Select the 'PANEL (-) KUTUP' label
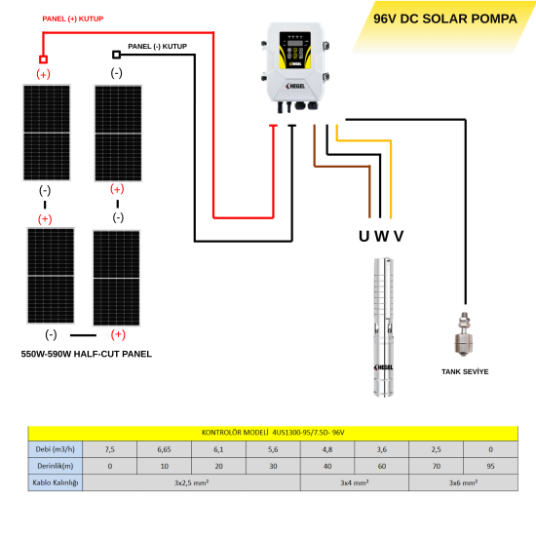(x=157, y=46)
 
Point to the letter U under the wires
(x=364, y=236)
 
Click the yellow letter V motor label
(x=399, y=236)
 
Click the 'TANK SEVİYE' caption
(x=465, y=372)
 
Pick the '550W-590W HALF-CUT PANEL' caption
(x=87, y=354)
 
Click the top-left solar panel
(x=45, y=133)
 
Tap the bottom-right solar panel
(x=116, y=277)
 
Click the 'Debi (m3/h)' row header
(x=56, y=449)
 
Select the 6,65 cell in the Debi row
(x=164, y=449)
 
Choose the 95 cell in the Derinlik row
(x=490, y=466)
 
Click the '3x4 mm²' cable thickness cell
(x=354, y=482)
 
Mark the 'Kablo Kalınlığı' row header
(x=56, y=482)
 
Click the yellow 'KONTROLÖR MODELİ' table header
(x=274, y=433)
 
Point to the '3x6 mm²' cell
(x=463, y=482)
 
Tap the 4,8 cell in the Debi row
(x=326, y=449)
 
